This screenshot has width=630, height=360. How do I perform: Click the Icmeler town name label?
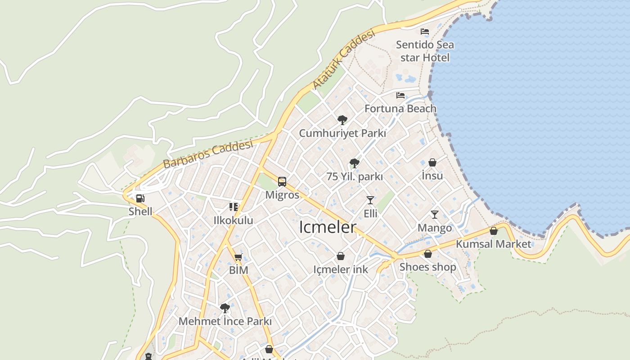click(x=328, y=227)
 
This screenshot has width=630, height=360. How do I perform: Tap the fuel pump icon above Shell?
click(x=140, y=198)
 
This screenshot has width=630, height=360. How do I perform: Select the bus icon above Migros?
click(x=282, y=182)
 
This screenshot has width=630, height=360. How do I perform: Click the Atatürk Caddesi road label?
click(x=343, y=59)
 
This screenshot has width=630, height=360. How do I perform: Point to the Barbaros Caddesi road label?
click(x=208, y=154)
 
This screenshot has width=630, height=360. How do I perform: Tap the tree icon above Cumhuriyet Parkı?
click(x=342, y=120)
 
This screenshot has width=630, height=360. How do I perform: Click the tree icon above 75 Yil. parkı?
click(x=355, y=163)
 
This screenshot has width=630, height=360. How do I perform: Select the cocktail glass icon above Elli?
click(x=370, y=200)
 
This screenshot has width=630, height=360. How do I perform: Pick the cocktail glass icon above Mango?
click(x=435, y=215)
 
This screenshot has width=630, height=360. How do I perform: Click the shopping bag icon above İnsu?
click(x=432, y=162)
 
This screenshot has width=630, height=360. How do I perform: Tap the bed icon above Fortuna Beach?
click(x=400, y=95)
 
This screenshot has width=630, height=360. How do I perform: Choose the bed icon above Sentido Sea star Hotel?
click(x=425, y=31)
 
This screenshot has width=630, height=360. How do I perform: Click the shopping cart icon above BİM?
click(x=238, y=257)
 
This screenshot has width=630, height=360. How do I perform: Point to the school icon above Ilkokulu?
click(x=234, y=207)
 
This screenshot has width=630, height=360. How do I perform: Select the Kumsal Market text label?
click(x=494, y=244)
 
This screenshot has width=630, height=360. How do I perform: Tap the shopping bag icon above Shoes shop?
click(x=428, y=254)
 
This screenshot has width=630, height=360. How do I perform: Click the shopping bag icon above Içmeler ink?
click(x=341, y=256)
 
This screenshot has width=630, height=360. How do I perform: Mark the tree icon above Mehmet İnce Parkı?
click(x=225, y=308)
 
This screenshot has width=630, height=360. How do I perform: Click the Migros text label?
click(x=282, y=195)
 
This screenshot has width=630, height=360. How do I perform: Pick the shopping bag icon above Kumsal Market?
click(x=494, y=231)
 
